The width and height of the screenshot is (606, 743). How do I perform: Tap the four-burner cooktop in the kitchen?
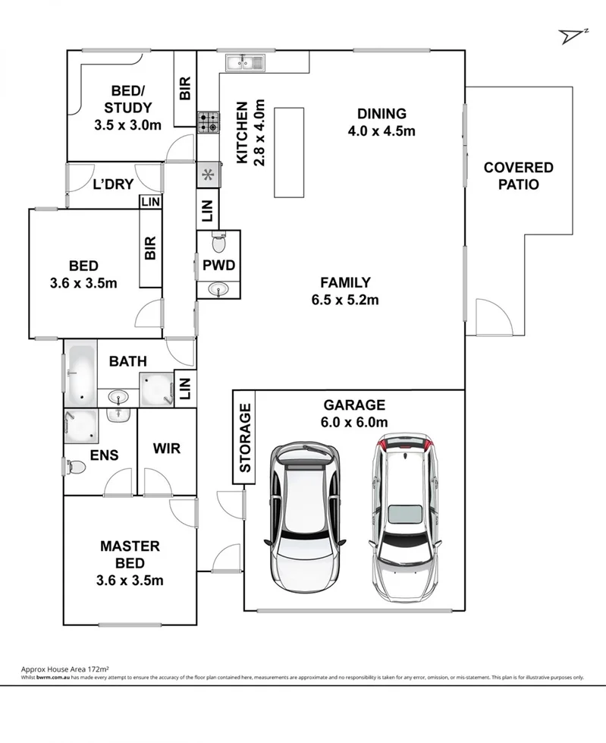[209, 122]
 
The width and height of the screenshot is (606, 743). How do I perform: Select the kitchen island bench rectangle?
[289, 152]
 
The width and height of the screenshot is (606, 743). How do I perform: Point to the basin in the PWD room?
[218, 288]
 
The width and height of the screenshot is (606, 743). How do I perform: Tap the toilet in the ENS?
[76, 467]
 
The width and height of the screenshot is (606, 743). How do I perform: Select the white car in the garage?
[306, 512]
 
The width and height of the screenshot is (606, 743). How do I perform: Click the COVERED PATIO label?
[518, 175]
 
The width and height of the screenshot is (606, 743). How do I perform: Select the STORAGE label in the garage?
[244, 438]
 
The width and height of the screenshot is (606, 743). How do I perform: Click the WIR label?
[166, 449]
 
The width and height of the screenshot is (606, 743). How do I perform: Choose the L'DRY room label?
[113, 184]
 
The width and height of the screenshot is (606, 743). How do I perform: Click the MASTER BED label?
[130, 554]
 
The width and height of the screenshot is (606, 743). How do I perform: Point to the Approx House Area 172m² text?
[65, 669]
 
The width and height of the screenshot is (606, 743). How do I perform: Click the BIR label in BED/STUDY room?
[184, 89]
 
